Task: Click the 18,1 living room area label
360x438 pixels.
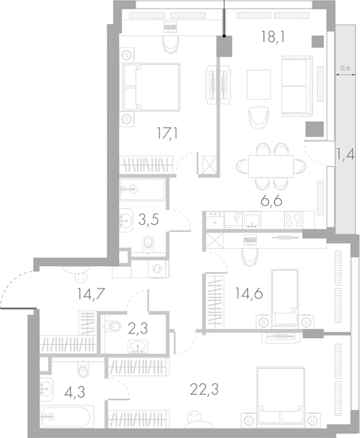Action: click(273, 37)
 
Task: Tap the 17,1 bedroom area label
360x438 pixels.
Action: click(167, 133)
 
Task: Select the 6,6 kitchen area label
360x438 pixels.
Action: click(271, 201)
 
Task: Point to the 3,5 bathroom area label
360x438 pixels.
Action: click(148, 219)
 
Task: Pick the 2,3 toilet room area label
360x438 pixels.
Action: click(138, 328)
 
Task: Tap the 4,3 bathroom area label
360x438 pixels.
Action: click(74, 392)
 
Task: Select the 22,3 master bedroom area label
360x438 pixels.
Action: click(204, 390)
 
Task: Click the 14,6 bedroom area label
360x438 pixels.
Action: click(249, 294)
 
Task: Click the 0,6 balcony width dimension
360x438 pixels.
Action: click(346, 68)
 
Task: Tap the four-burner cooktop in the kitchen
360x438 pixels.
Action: click(293, 220)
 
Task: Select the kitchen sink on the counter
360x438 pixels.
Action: click(252, 221)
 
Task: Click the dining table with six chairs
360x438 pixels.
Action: click(271, 166)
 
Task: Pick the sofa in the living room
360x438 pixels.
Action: click(297, 86)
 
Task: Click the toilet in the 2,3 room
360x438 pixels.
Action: click(113, 326)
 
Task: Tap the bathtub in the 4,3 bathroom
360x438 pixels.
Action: click(65, 417)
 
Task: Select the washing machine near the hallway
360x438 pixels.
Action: click(159, 269)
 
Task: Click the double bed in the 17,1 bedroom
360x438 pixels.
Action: click(151, 87)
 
